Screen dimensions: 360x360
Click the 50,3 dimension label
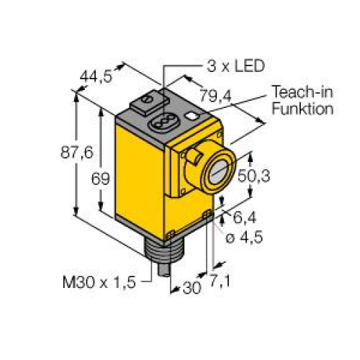[x=267, y=175]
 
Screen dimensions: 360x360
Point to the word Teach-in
[x=302, y=94]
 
